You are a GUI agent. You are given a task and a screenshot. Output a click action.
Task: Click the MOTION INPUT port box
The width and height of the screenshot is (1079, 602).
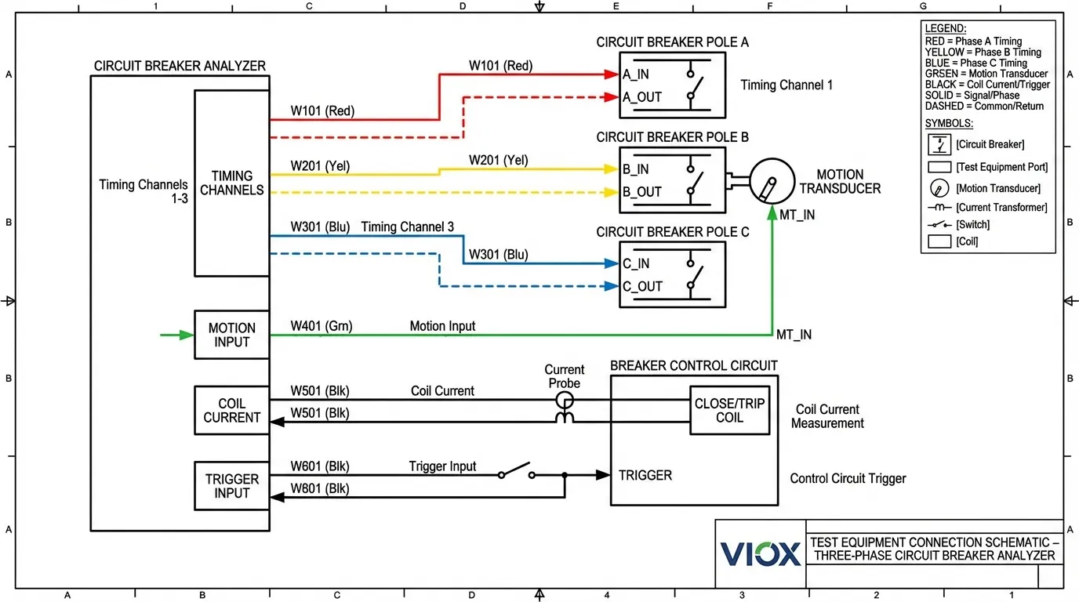tap(232, 335)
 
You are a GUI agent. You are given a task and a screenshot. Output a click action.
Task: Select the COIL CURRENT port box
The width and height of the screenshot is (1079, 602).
tap(232, 410)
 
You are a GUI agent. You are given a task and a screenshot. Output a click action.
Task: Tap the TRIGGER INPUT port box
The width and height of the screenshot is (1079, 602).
tap(232, 486)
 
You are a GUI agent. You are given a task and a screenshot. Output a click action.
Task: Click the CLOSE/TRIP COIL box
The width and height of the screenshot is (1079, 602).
tap(729, 410)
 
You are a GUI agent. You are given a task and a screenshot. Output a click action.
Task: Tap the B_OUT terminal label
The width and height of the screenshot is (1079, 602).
tap(642, 192)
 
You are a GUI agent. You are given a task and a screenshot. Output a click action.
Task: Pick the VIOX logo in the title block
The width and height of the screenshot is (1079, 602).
tap(761, 553)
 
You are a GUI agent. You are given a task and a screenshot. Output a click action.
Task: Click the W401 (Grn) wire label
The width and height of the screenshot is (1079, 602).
tap(322, 326)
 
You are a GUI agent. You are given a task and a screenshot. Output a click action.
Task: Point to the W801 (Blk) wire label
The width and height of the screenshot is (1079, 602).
tap(320, 489)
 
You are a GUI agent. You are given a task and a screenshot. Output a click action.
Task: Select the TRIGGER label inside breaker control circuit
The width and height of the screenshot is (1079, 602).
tap(645, 475)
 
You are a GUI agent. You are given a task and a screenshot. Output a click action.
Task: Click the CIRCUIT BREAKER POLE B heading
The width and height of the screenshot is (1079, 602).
tap(672, 137)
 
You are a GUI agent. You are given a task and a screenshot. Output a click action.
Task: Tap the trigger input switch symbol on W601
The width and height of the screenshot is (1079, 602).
tap(516, 473)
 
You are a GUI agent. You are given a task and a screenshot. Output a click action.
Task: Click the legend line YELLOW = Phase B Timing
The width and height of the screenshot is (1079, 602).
tap(983, 52)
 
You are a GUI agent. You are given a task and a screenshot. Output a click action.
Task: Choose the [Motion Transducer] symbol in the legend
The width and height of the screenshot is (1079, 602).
tap(938, 188)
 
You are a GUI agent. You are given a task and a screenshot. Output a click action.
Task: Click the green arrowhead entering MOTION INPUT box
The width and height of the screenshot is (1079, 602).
tap(186, 335)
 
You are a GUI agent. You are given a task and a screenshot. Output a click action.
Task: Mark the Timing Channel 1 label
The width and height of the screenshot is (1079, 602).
tap(787, 85)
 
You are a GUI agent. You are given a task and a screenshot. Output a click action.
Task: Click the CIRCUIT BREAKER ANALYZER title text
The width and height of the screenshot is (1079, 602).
tap(180, 66)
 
